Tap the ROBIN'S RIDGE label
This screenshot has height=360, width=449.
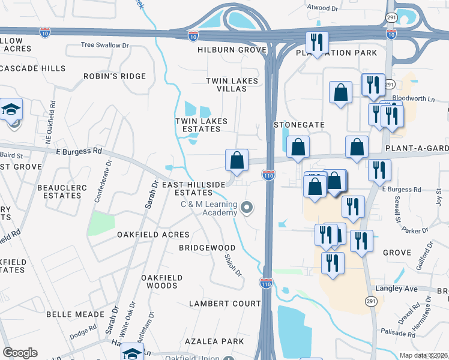pyautogui.click(x=115, y=76)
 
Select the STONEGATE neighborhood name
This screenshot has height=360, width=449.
pyautogui.click(x=299, y=125)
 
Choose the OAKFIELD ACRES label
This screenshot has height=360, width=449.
pyautogui.click(x=153, y=235)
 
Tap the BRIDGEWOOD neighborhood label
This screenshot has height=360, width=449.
pyautogui.click(x=207, y=247)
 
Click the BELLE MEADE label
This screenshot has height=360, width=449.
pyautogui.click(x=76, y=314)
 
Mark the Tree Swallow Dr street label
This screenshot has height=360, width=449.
pyautogui.click(x=105, y=45)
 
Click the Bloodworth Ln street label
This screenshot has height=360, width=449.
pyautogui.click(x=412, y=98)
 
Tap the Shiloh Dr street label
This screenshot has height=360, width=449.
pyautogui.click(x=232, y=265)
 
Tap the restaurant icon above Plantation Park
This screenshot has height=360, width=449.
pyautogui.click(x=316, y=42)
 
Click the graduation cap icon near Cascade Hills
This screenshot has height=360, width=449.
pyautogui.click(x=11, y=110)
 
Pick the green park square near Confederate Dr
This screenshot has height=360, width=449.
pyautogui.click(x=101, y=223)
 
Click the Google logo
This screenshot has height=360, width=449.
pyautogui.click(x=20, y=353)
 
